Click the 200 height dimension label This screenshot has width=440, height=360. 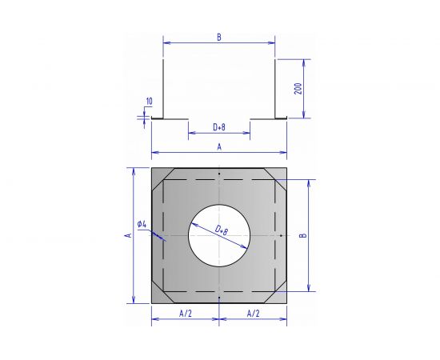point(299,89)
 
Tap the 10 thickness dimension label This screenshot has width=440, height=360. point(150,102)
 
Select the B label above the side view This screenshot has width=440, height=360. point(219,37)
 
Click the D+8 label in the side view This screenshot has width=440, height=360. point(219,127)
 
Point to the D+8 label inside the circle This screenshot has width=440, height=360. point(222,230)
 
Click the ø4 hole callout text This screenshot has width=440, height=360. point(142,224)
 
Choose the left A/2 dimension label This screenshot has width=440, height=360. point(186,314)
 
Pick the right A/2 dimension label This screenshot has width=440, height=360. point(253,314)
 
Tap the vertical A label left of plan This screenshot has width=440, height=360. point(128,235)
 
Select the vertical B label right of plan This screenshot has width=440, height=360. point(303,235)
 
